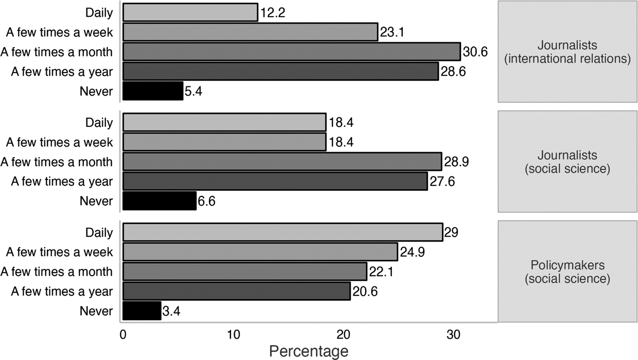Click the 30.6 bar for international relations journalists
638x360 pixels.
291,52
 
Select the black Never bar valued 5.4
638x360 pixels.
153,91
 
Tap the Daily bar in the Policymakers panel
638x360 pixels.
282,232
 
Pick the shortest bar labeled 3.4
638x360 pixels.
142,311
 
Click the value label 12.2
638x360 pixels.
272,13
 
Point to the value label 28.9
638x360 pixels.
456,162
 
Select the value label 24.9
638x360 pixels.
412,252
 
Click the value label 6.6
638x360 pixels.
206,201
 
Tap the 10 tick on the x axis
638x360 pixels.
233,334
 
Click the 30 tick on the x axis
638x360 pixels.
453,334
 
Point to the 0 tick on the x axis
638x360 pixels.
123,334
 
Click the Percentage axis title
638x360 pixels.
309,351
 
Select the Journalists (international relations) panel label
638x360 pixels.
567,52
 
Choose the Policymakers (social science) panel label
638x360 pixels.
567,271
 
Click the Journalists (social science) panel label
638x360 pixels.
567,162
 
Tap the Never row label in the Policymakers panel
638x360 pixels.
96,311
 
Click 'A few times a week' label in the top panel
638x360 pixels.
59,32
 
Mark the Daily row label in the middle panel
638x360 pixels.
99,123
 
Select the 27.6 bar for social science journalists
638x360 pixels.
275,181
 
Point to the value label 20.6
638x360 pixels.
365,291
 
